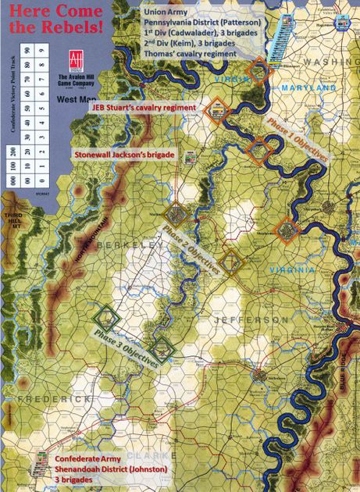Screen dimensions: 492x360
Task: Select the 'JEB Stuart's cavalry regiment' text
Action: [141, 107]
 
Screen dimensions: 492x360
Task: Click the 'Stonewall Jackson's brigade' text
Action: [123, 155]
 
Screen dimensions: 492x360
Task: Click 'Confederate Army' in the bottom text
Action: [89, 458]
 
